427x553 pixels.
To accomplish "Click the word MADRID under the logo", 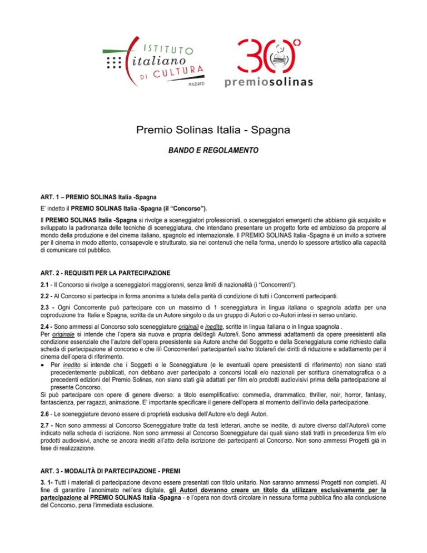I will click(x=195, y=83).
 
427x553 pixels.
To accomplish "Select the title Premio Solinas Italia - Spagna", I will click(x=213, y=132).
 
